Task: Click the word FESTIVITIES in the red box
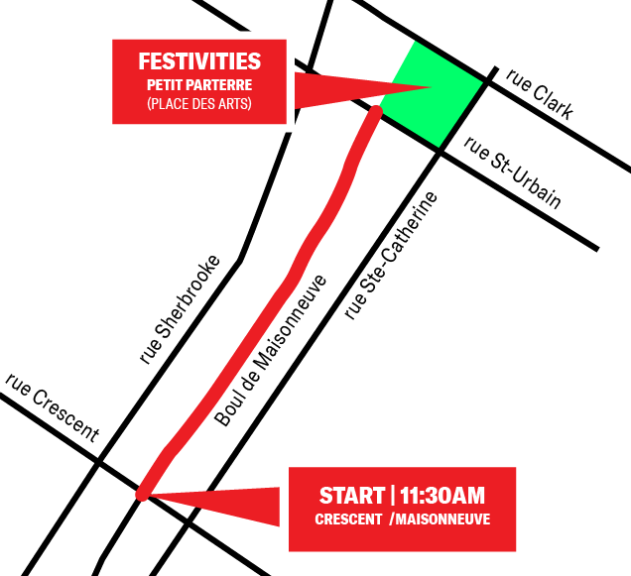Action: (x=199, y=61)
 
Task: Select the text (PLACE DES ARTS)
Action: (x=199, y=102)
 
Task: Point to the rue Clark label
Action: (x=539, y=94)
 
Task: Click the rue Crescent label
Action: (x=52, y=406)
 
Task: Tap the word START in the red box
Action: (x=351, y=496)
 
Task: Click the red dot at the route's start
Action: (x=144, y=493)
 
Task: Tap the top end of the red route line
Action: (x=375, y=112)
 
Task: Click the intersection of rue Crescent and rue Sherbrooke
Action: (x=98, y=462)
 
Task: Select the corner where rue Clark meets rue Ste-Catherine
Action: (x=489, y=80)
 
